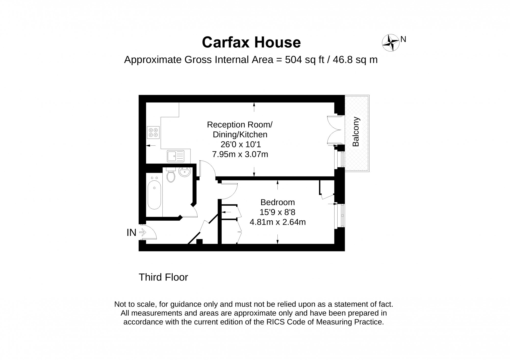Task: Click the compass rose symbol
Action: (x=390, y=43)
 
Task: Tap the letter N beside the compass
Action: (x=403, y=39)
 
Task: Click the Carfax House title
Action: (x=251, y=42)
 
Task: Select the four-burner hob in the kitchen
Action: (x=154, y=132)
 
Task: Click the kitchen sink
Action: (x=176, y=156)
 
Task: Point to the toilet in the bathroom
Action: (x=171, y=175)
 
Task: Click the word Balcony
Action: (x=356, y=132)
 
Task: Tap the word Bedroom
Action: (x=277, y=202)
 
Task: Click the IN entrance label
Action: (x=132, y=233)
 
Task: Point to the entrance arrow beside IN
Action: (x=143, y=232)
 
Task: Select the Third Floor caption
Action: (x=163, y=277)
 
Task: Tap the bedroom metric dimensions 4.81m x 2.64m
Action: (x=277, y=222)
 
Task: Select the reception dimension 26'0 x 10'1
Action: (x=241, y=145)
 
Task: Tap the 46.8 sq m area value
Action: (x=355, y=60)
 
